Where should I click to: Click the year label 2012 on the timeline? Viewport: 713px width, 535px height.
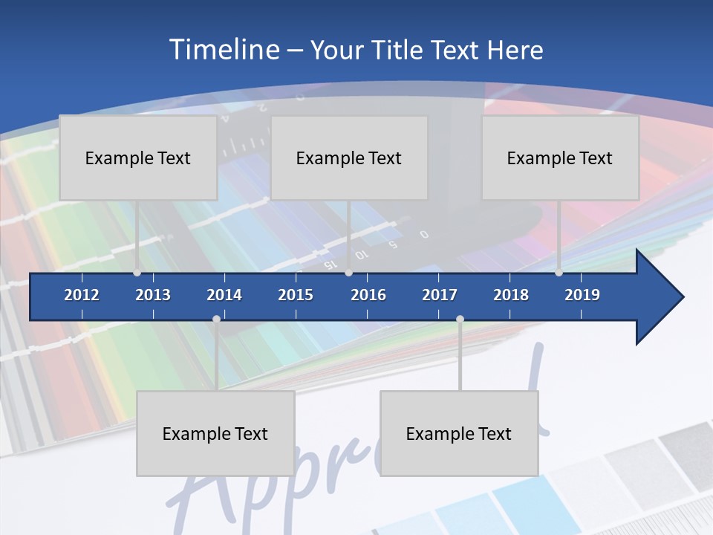(82, 295)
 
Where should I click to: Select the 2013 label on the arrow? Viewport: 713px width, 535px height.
(153, 295)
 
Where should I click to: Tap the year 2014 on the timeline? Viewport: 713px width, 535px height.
(224, 295)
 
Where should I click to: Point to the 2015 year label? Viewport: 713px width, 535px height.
(296, 295)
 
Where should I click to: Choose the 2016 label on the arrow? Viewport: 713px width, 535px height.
(368, 295)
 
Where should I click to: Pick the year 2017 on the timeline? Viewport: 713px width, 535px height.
(440, 295)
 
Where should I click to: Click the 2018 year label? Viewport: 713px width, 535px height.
(511, 295)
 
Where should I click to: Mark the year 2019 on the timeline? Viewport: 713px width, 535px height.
(582, 295)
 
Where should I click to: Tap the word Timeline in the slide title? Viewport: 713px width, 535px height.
(223, 50)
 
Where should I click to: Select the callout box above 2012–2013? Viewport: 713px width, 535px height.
(138, 158)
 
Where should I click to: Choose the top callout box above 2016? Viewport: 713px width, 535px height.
(349, 158)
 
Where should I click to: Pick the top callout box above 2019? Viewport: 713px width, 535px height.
(560, 158)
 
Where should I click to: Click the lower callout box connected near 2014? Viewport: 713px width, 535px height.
(215, 433)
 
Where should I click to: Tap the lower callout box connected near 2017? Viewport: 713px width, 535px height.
(459, 433)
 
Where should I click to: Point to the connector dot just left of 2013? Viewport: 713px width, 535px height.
(137, 273)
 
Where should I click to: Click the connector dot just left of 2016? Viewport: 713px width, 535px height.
(349, 273)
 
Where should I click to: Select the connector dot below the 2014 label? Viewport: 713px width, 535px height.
(216, 319)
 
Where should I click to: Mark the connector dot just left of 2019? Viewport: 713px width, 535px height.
(559, 273)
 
